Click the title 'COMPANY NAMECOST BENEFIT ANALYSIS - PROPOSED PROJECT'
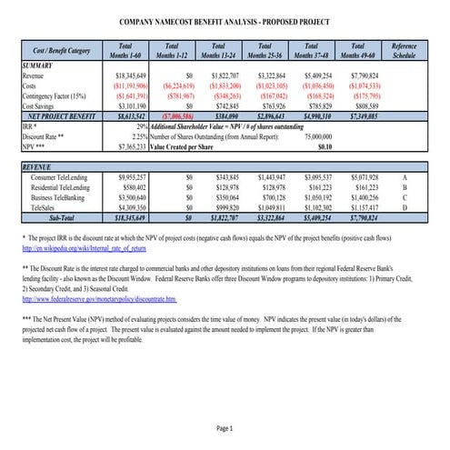click(225, 20)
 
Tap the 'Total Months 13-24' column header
click(217, 50)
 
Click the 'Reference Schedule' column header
click(404, 50)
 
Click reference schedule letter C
click(404, 196)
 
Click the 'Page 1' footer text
click(225, 426)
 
